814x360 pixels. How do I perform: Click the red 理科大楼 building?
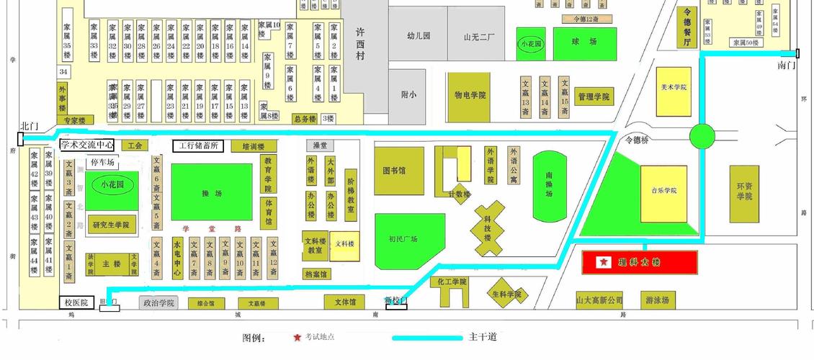[640, 263]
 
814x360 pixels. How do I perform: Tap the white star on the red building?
[602, 263]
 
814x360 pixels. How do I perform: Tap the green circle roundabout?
[702, 135]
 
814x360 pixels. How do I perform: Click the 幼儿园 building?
[418, 35]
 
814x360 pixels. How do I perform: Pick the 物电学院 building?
[470, 95]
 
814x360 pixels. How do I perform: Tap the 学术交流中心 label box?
[86, 145]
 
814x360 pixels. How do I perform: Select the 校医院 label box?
[73, 303]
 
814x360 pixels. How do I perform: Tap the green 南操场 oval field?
[550, 186]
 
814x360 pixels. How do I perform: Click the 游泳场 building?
[657, 300]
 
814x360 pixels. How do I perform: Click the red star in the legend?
[297, 337]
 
